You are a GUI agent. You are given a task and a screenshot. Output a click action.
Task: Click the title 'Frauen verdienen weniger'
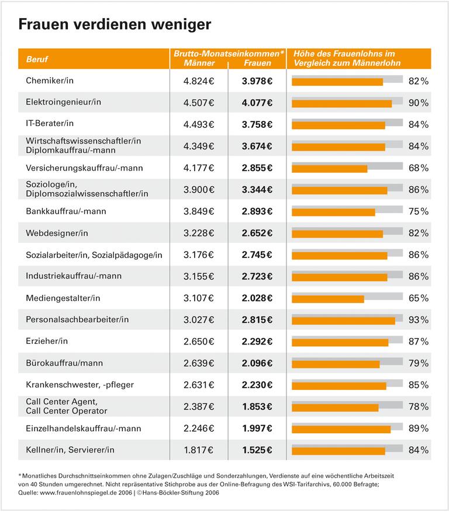[115, 25]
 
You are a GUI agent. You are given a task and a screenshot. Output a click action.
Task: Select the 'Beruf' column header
[37, 60]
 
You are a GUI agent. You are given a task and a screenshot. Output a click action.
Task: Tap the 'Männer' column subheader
[199, 62]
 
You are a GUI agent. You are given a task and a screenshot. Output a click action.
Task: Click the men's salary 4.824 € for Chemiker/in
[199, 81]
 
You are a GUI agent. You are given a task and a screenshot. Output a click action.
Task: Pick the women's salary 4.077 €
[257, 103]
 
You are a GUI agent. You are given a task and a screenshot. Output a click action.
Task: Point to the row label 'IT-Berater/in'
[50, 124]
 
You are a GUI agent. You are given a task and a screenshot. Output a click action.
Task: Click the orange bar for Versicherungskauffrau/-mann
[329, 169]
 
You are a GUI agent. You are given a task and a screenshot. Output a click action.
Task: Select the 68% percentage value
[418, 168]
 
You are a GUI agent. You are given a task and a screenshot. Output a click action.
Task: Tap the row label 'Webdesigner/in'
[57, 233]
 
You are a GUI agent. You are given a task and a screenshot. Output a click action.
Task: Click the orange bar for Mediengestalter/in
[327, 299]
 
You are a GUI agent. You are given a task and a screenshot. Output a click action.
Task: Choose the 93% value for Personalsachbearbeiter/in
[418, 320]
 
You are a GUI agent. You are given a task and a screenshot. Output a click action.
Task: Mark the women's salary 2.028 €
[257, 298]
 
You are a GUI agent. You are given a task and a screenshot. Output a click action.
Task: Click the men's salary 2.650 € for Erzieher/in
[199, 342]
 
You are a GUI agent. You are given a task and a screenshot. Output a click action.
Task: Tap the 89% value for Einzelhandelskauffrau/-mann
[418, 429]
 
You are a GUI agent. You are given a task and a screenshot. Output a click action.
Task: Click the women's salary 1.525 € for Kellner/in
[257, 450]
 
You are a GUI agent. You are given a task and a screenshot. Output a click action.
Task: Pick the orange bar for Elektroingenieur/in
[341, 103]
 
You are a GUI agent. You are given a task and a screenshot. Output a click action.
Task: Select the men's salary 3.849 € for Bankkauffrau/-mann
[199, 211]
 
